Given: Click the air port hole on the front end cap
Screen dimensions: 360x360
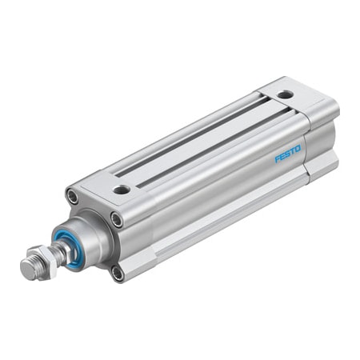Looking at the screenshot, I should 122,190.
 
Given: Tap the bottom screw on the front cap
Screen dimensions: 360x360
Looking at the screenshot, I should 118,273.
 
